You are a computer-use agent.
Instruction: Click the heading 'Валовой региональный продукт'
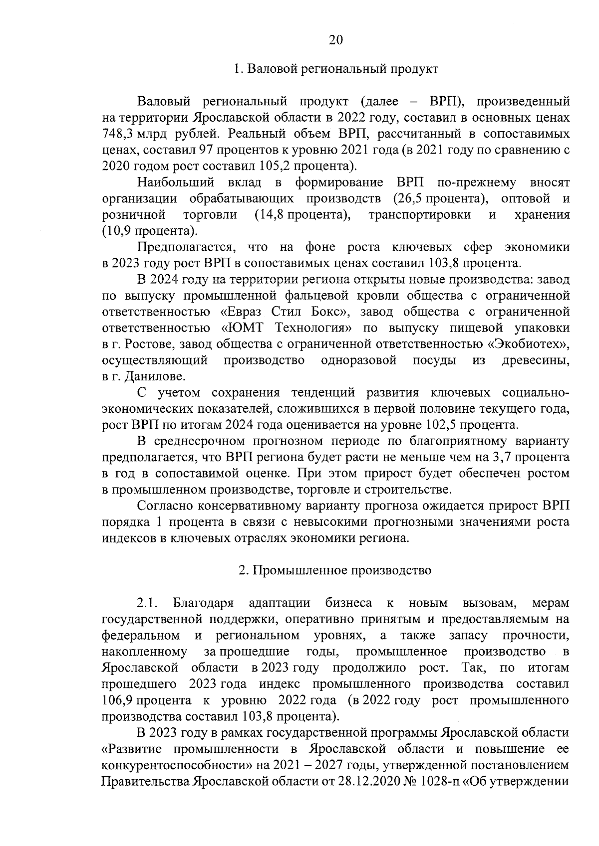click(x=343, y=69)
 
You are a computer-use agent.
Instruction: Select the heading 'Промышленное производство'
click(x=342, y=570)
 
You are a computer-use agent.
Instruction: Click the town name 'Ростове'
click(x=147, y=344)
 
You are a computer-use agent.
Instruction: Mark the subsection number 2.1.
click(x=148, y=603)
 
